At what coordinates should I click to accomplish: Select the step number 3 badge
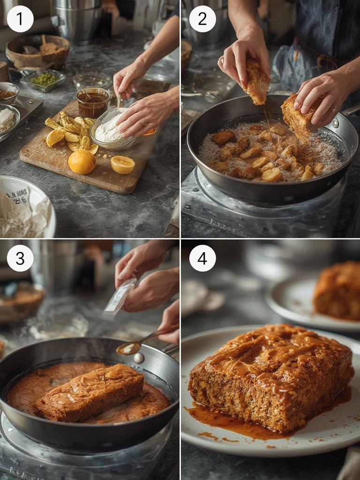pyautogui.click(x=20, y=258)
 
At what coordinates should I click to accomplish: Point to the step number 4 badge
pyautogui.click(x=202, y=258)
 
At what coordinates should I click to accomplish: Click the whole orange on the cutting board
pyautogui.click(x=82, y=162)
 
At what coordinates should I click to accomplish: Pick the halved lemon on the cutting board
pyautogui.click(x=123, y=165)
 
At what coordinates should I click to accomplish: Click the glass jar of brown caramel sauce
pyautogui.click(x=92, y=102)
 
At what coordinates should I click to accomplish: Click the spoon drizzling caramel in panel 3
pyautogui.click(x=136, y=345)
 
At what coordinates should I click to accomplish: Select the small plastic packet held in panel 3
pyautogui.click(x=120, y=296)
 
